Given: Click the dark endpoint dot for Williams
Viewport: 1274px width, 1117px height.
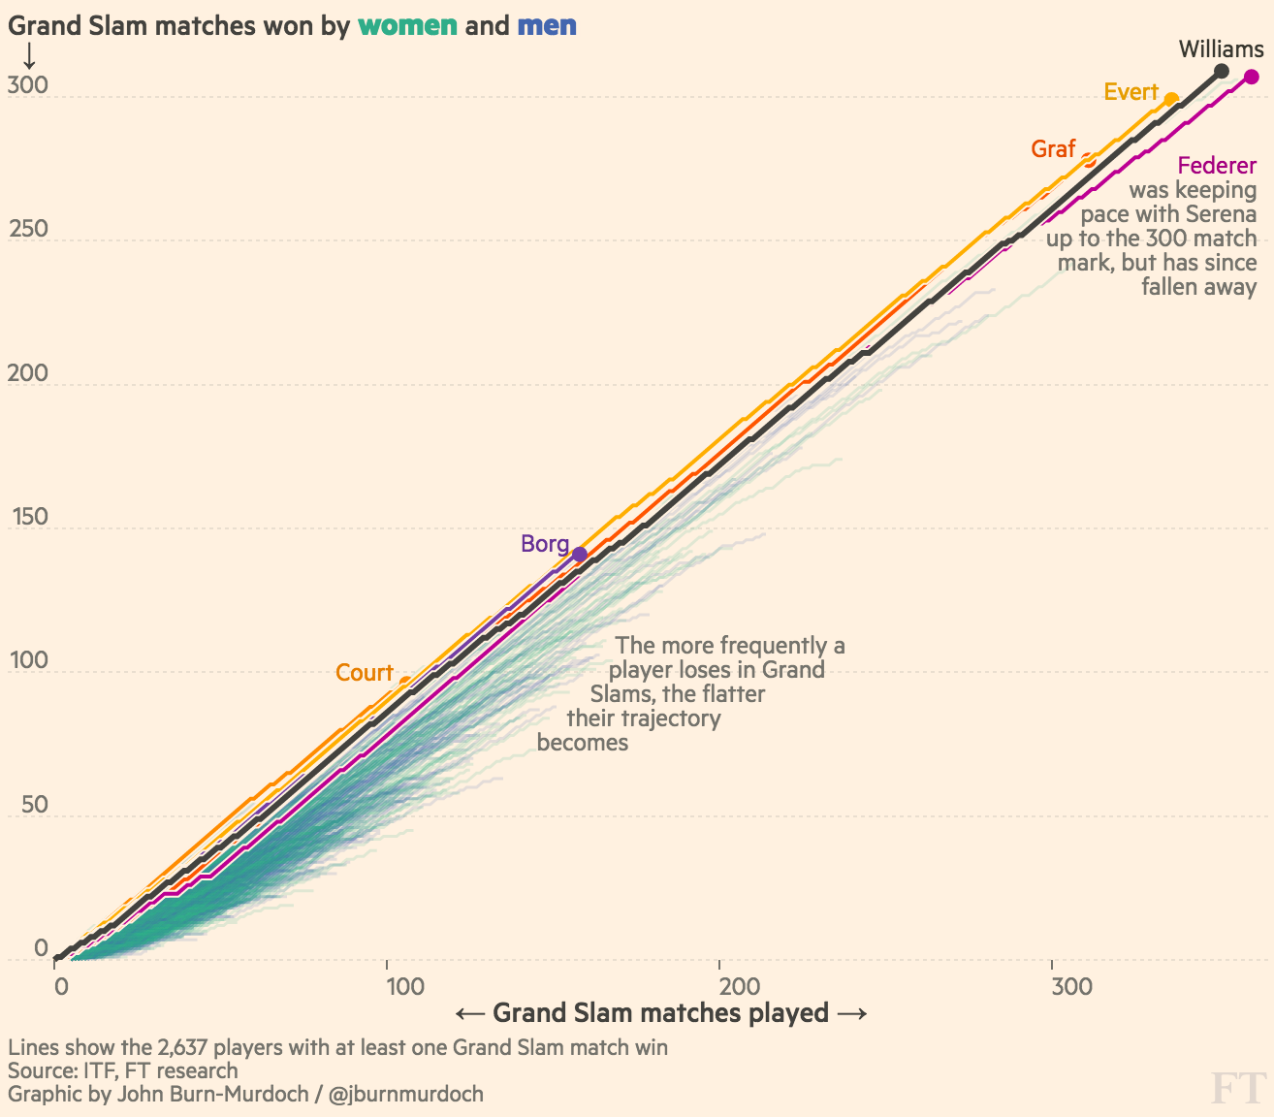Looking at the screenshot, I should coord(1222,71).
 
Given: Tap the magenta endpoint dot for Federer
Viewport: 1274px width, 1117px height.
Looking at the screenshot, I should coord(1252,77).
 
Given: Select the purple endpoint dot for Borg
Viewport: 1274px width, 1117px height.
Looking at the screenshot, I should coord(579,555).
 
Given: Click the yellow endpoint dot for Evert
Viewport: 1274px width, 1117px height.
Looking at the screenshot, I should coord(1171,99).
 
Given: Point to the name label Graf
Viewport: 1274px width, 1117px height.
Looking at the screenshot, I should coord(1053,148).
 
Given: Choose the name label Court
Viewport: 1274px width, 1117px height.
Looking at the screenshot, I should coord(364,673).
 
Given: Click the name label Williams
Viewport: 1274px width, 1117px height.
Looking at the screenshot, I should coord(1221,48).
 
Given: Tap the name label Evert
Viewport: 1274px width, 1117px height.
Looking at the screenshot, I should coord(1131,92).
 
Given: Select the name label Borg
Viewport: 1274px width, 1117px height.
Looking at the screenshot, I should coord(544,543).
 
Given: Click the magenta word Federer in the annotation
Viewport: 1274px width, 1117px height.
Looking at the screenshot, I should coord(1217,166).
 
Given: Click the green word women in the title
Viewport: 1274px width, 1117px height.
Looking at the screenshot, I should coord(407,25).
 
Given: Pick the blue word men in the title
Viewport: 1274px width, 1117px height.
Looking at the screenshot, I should coord(547,25).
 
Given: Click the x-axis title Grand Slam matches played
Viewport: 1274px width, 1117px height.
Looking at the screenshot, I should coord(660,1013).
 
